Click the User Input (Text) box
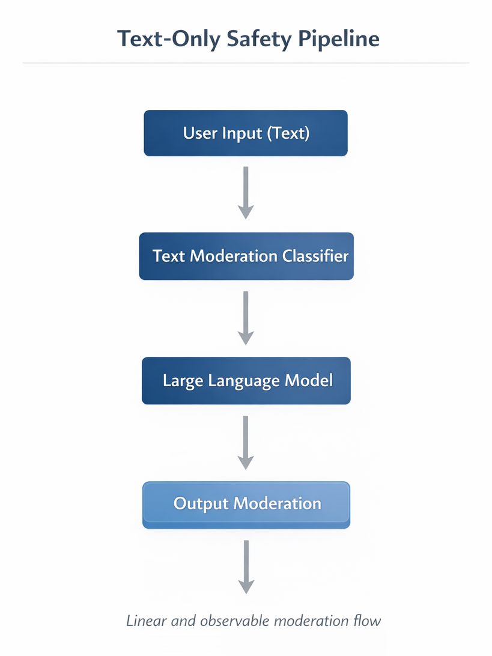tap(246, 133)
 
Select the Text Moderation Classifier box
tap(246, 256)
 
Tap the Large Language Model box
tap(246, 381)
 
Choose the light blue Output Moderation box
tap(246, 505)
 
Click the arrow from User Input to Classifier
tap(246, 192)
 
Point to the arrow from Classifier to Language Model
tap(246, 317)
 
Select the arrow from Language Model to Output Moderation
tap(246, 442)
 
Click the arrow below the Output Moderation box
tap(246, 566)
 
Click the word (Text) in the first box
tap(288, 133)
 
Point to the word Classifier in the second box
tap(315, 256)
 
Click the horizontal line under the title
tap(246, 63)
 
